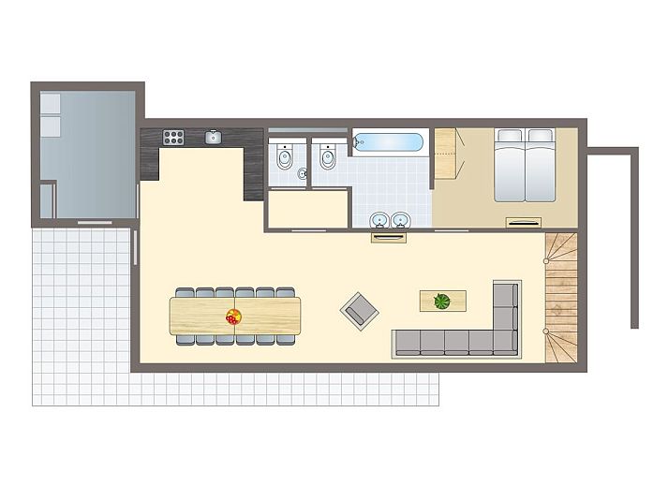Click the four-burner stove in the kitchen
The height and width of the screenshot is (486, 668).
coord(174,137)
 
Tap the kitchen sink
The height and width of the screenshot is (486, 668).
coord(213,137)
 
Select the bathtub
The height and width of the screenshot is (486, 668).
coord(390,144)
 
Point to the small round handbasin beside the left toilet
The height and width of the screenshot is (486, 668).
coord(302,174)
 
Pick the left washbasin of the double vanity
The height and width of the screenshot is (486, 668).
coord(379,220)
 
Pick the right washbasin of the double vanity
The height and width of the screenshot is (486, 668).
coord(401,220)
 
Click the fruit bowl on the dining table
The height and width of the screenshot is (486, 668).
coord(233,317)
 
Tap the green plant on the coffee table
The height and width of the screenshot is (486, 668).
coord(441,301)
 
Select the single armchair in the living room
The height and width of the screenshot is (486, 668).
coord(357,308)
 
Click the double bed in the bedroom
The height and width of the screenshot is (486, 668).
coord(525,167)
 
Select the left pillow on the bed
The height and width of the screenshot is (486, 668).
coord(510,137)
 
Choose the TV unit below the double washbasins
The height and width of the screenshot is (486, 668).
coord(389,237)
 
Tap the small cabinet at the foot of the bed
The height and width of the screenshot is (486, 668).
coord(523,222)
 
